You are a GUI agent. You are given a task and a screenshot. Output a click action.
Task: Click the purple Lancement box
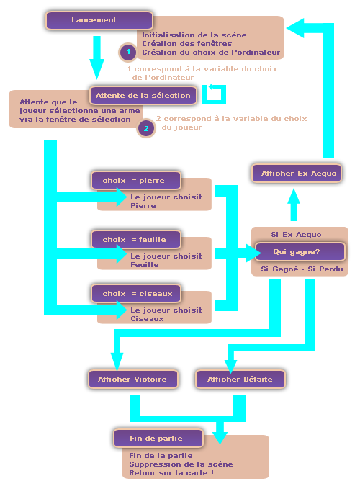(x=99, y=20)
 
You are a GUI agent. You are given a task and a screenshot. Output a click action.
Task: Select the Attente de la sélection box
(x=143, y=95)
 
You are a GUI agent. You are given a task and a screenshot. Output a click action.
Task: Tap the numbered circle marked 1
(x=128, y=52)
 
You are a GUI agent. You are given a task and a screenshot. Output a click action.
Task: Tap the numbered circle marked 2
(x=146, y=128)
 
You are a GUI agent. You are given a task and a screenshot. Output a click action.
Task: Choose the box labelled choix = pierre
(x=136, y=181)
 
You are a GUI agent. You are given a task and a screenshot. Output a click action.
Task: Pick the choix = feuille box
(x=136, y=239)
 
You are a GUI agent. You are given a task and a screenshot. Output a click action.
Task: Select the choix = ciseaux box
(x=136, y=294)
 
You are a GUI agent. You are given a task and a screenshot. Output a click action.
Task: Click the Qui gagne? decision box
(x=300, y=252)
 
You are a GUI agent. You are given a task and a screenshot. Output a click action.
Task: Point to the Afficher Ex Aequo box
(x=297, y=174)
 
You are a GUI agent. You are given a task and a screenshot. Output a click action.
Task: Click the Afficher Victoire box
(x=133, y=379)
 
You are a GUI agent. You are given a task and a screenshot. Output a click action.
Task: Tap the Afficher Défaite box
(x=240, y=379)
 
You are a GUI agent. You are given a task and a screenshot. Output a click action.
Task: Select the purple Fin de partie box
(x=158, y=439)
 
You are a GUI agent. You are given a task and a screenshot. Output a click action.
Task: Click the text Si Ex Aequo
(x=296, y=235)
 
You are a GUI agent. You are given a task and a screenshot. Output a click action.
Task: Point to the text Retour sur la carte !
(x=171, y=473)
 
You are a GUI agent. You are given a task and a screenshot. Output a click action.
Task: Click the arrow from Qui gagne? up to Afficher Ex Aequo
(x=294, y=205)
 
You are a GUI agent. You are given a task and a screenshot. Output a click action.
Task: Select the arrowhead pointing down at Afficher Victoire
(x=117, y=362)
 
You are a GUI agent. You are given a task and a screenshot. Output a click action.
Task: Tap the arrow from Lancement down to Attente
(x=96, y=58)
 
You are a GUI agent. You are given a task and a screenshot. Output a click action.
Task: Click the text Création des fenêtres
(x=186, y=43)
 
